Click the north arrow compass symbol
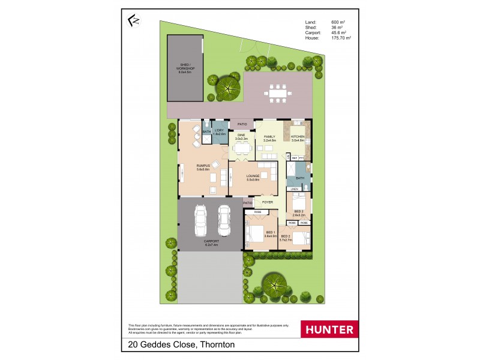134,21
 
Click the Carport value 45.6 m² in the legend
339,32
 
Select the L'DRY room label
219,132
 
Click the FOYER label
267,202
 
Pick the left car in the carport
202,221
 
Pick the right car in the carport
224,220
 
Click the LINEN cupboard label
294,189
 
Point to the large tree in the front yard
275,285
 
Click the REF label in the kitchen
295,158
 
